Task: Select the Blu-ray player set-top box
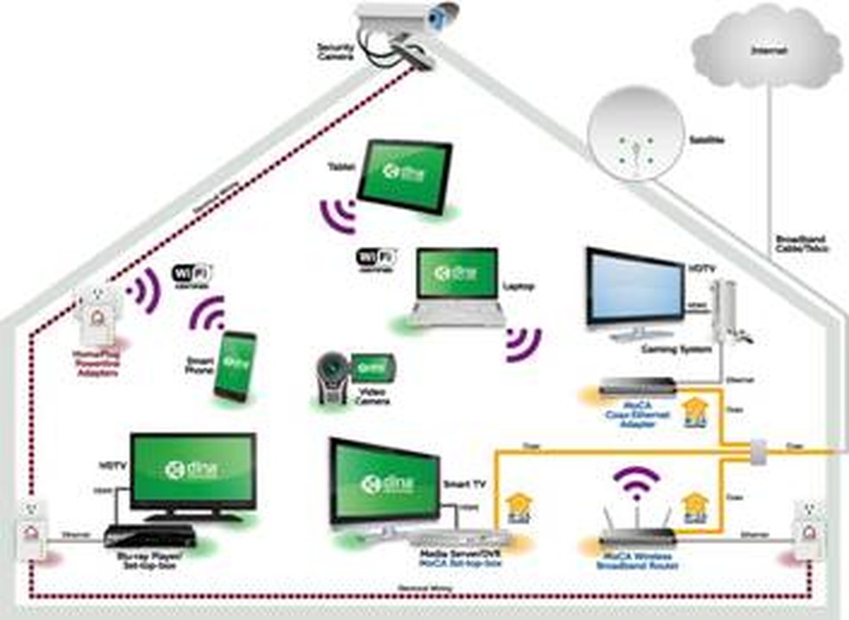click(x=149, y=535)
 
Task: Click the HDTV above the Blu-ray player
click(x=192, y=470)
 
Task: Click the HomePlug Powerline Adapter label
click(x=97, y=360)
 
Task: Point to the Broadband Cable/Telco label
click(x=802, y=244)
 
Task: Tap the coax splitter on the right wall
click(x=757, y=450)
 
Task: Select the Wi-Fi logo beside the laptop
click(x=377, y=258)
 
